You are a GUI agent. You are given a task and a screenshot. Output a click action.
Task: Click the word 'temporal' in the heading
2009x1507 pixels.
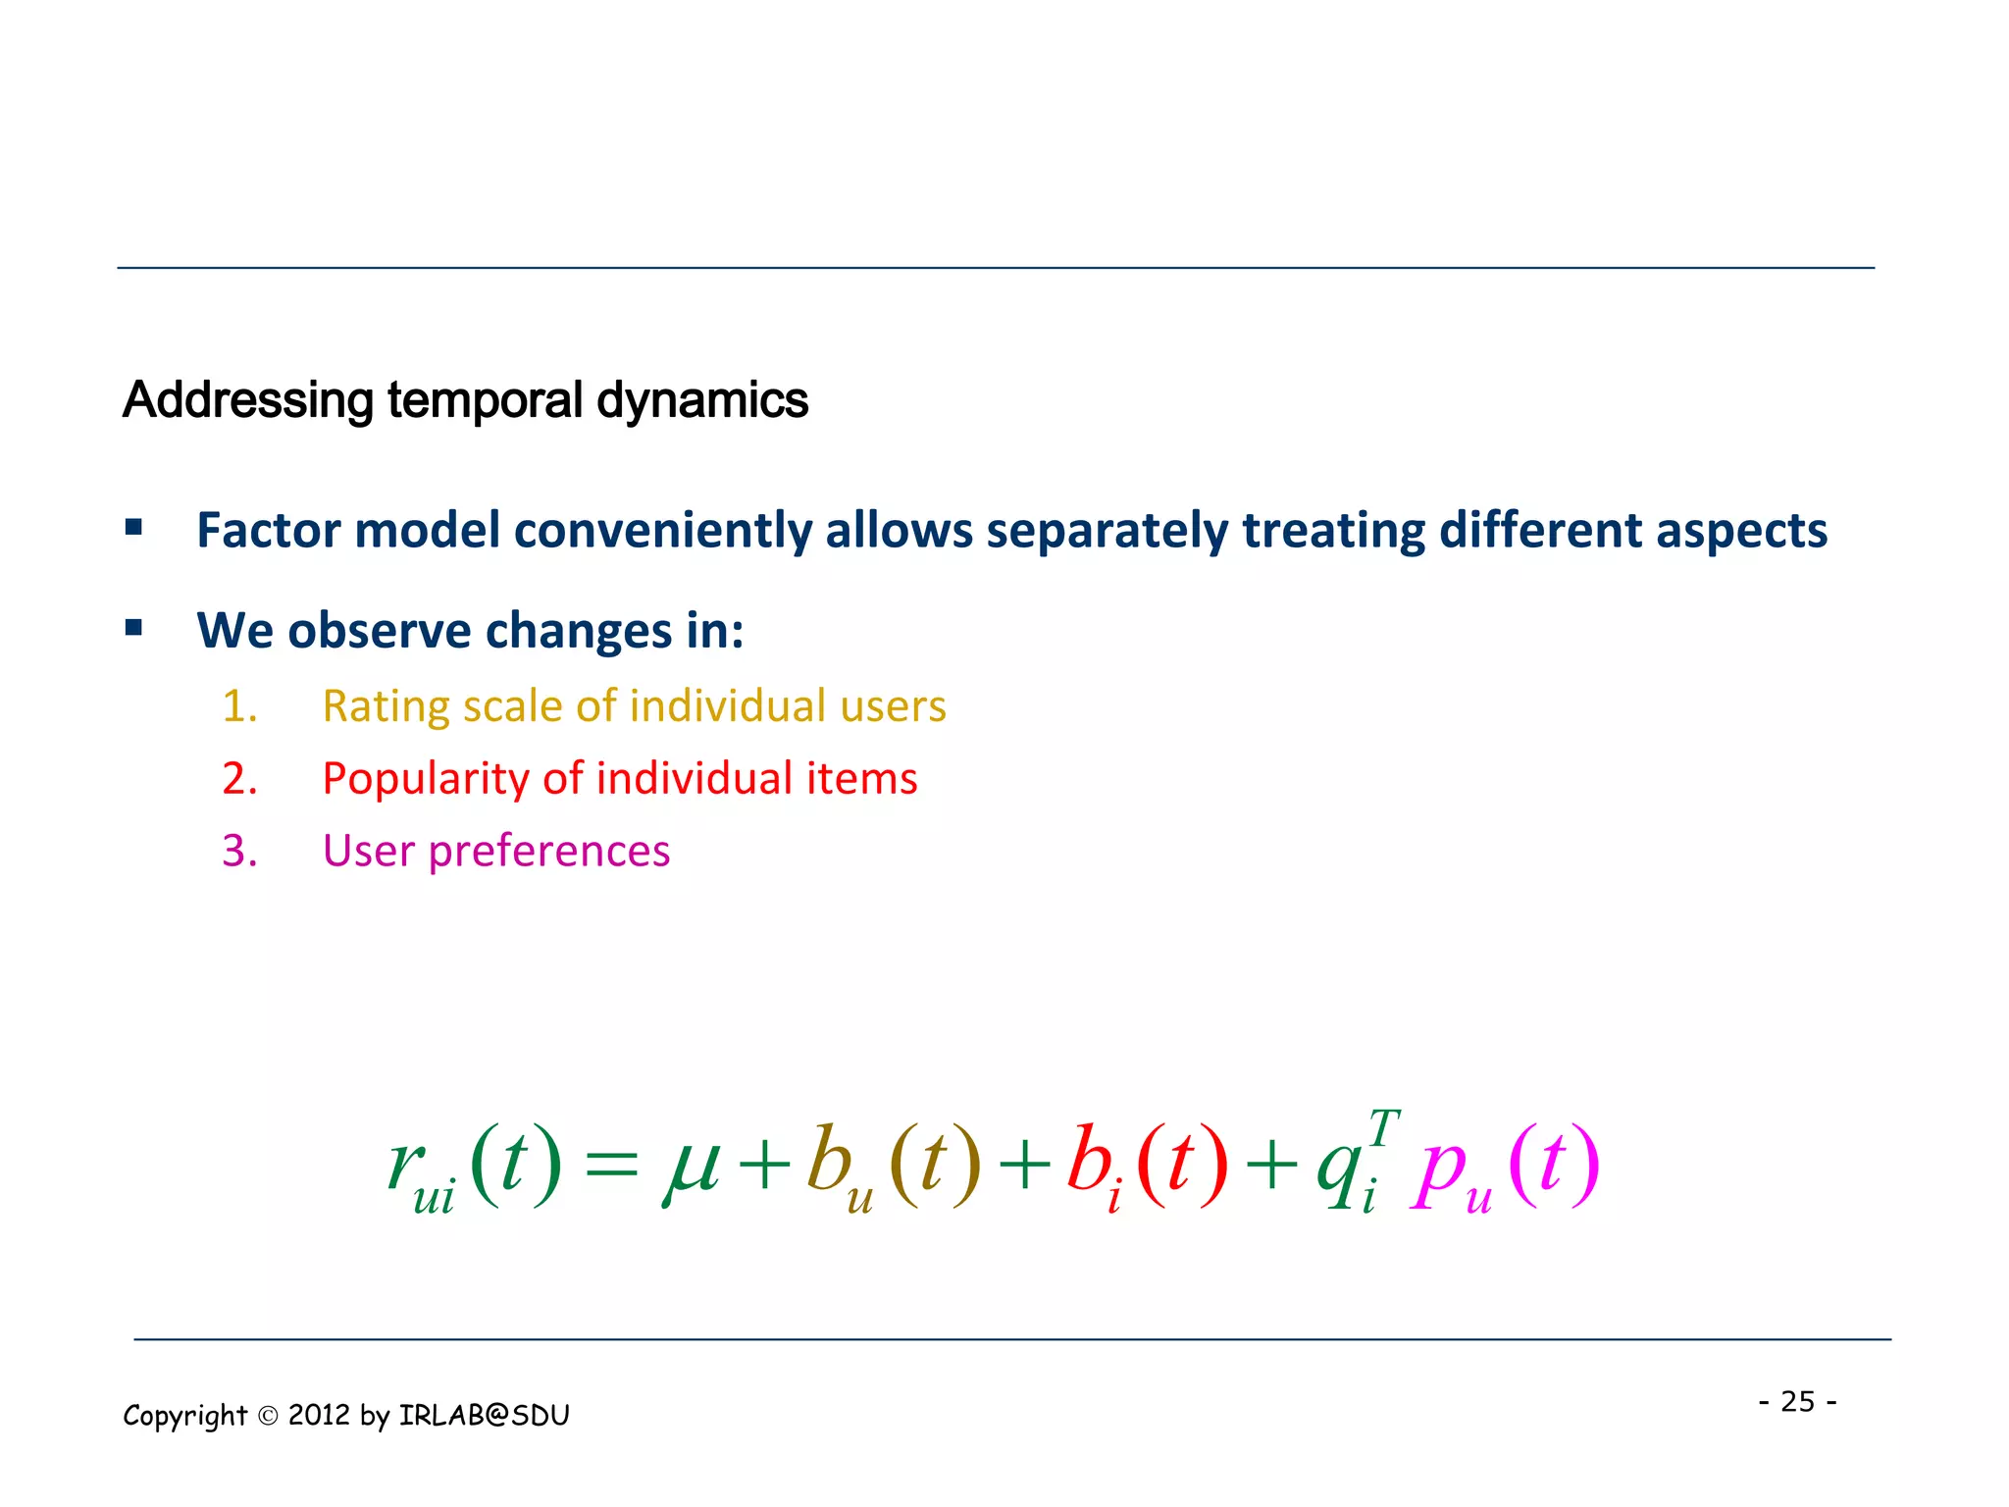485,401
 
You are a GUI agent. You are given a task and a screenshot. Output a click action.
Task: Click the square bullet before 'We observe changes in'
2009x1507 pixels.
134,628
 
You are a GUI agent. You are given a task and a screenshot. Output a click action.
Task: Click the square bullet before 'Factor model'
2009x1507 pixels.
134,529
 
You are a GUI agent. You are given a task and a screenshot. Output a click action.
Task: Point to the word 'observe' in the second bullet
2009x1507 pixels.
379,631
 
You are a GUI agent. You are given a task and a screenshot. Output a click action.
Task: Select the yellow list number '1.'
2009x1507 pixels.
239,706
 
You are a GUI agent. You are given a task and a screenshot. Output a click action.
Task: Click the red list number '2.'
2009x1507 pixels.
239,779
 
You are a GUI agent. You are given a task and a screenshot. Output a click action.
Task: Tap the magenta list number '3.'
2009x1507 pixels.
239,851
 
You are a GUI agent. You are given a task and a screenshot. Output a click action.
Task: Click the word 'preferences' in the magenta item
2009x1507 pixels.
548,852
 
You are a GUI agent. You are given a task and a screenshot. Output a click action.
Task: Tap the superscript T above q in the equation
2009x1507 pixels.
1384,1127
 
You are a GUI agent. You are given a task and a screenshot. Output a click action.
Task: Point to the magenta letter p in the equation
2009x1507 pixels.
1438,1172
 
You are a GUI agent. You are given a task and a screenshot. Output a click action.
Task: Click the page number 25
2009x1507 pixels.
1797,1401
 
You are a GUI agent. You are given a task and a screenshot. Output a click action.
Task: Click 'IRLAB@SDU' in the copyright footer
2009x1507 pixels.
484,1415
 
